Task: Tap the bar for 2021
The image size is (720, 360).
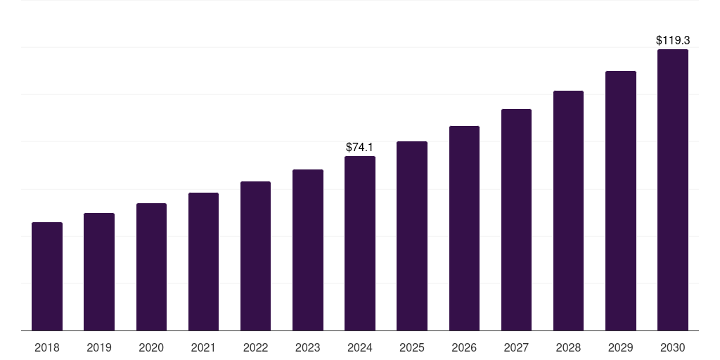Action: click(x=203, y=262)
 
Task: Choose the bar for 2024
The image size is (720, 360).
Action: click(x=360, y=243)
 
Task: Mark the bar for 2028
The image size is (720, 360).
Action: click(x=568, y=210)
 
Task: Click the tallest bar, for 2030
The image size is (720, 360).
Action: click(x=673, y=190)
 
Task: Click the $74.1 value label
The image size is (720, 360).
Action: click(x=360, y=148)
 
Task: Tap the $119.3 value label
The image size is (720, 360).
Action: click(x=673, y=41)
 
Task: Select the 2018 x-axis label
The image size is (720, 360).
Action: click(x=47, y=347)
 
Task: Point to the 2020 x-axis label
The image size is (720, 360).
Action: click(x=151, y=347)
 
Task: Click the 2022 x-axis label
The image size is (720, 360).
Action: click(x=255, y=347)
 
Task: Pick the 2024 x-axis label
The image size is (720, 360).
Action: click(x=360, y=347)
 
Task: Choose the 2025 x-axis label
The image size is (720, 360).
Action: click(x=412, y=347)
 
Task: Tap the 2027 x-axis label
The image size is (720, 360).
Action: click(x=516, y=347)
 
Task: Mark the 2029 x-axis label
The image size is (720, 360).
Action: click(x=621, y=347)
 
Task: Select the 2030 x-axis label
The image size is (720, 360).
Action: click(x=673, y=347)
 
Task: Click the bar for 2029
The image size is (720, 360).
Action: click(x=621, y=200)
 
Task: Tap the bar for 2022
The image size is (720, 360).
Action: click(x=255, y=256)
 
